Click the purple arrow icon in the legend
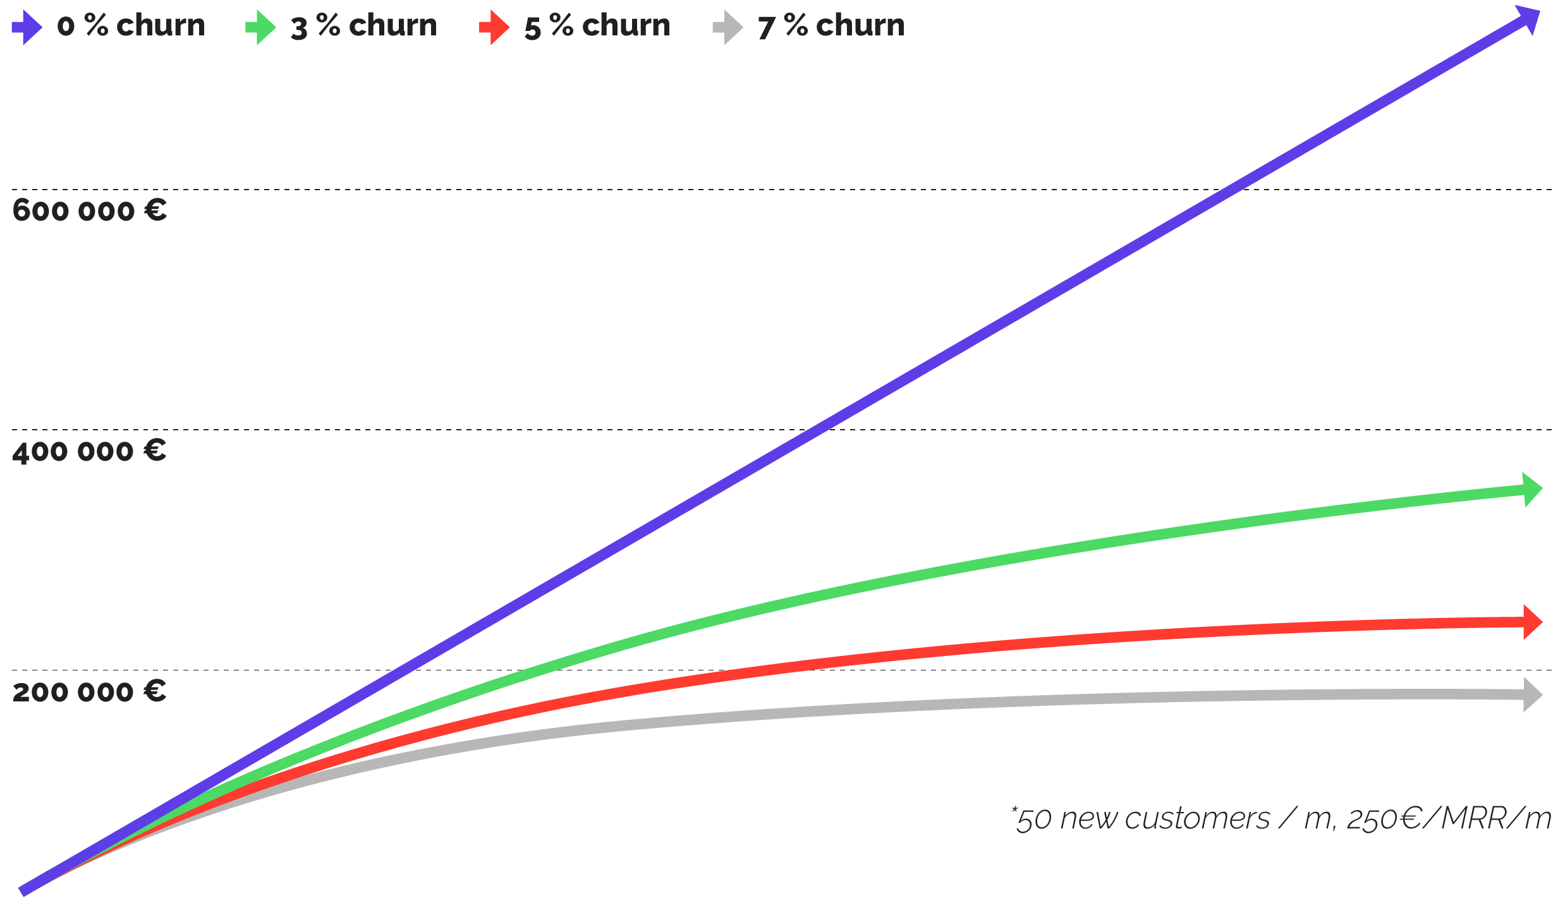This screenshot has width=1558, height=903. [x=27, y=28]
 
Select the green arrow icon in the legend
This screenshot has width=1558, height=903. [x=260, y=28]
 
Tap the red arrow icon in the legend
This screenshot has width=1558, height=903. [x=494, y=28]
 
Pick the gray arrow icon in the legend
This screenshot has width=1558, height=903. [x=727, y=28]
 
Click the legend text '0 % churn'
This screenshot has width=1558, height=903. [x=131, y=26]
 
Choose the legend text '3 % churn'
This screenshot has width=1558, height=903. [x=363, y=26]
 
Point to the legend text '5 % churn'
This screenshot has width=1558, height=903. [x=597, y=26]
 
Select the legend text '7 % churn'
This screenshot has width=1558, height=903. [x=831, y=26]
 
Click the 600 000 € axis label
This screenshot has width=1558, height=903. [x=89, y=210]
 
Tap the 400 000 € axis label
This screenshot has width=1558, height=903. [x=89, y=451]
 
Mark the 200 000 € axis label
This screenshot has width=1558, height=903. [x=89, y=691]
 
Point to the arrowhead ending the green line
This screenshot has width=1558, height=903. [x=1531, y=489]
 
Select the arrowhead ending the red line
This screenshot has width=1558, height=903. [x=1531, y=622]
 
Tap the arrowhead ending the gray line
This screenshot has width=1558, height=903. [x=1531, y=694]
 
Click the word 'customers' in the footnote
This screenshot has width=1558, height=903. [x=1197, y=819]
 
